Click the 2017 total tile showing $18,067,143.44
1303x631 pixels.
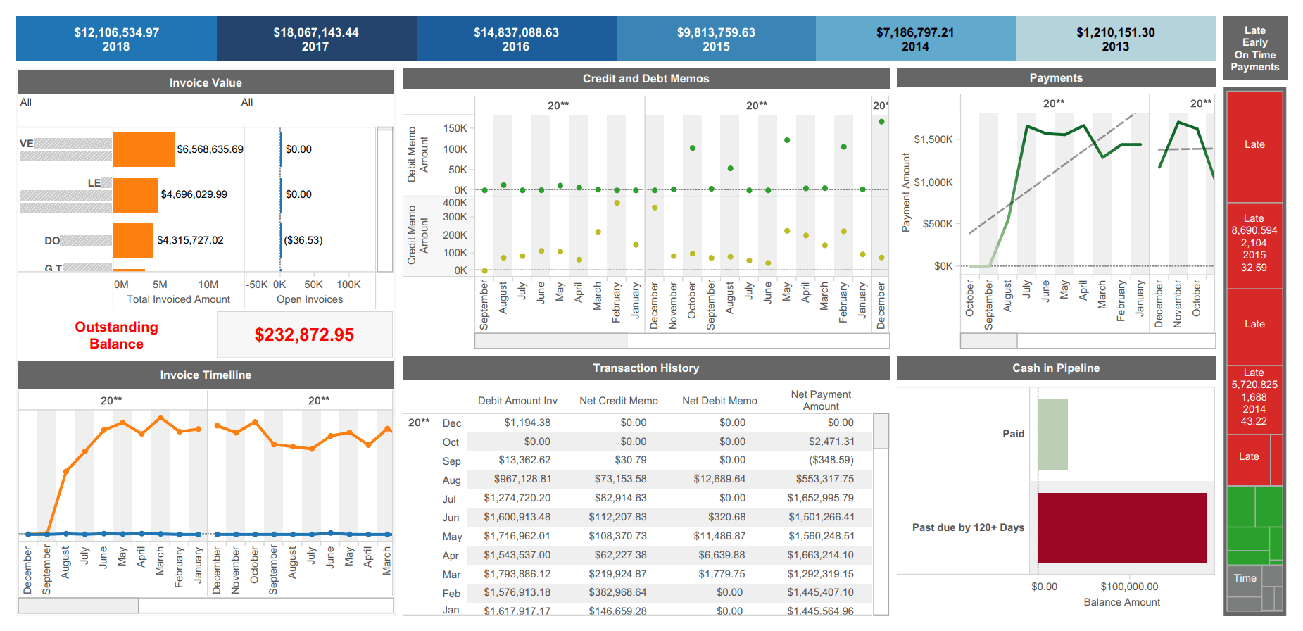click(x=315, y=39)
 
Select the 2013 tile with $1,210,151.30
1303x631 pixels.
click(x=1115, y=39)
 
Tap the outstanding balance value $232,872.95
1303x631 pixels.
click(x=304, y=335)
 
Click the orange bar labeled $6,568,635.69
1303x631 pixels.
click(x=144, y=149)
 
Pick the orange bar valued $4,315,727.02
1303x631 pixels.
click(x=133, y=240)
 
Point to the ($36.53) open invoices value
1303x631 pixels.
click(x=303, y=240)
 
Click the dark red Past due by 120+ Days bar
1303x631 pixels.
click(x=1122, y=527)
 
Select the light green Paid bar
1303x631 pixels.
click(x=1052, y=434)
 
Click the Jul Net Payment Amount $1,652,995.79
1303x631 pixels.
click(x=820, y=498)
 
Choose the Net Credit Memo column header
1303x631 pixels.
click(x=618, y=401)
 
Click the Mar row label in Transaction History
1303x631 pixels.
click(x=451, y=575)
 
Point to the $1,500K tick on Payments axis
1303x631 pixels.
click(x=933, y=139)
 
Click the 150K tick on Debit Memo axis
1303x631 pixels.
click(x=455, y=128)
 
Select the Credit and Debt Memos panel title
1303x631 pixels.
click(x=646, y=79)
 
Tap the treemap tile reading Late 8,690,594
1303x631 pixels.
click(x=1254, y=243)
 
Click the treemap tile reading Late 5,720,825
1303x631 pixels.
click(x=1254, y=397)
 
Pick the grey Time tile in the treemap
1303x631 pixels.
click(x=1244, y=578)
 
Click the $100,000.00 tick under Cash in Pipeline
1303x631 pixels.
click(x=1129, y=587)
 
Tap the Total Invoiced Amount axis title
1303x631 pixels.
click(x=178, y=299)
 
